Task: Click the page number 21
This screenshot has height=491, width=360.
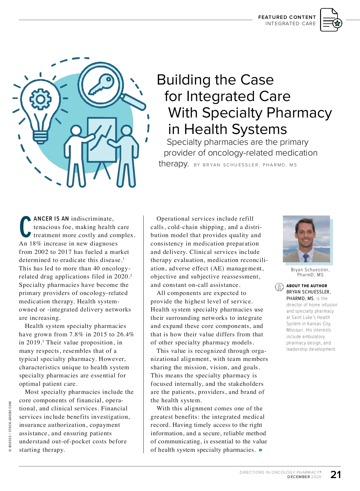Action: [x=335, y=475]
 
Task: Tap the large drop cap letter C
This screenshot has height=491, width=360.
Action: [x=25, y=227]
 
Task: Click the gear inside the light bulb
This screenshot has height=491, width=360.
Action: [x=40, y=99]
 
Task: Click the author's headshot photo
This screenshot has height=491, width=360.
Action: [x=306, y=239]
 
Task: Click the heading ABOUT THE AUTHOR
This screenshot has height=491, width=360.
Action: [x=307, y=286]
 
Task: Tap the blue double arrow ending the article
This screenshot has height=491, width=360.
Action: [x=260, y=450]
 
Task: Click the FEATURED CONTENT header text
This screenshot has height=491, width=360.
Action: [x=287, y=17]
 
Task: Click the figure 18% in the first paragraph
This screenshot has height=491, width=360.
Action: [x=35, y=244]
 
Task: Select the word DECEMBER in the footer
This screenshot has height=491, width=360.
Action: [x=298, y=477]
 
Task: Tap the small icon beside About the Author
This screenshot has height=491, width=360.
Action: [x=279, y=287]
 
